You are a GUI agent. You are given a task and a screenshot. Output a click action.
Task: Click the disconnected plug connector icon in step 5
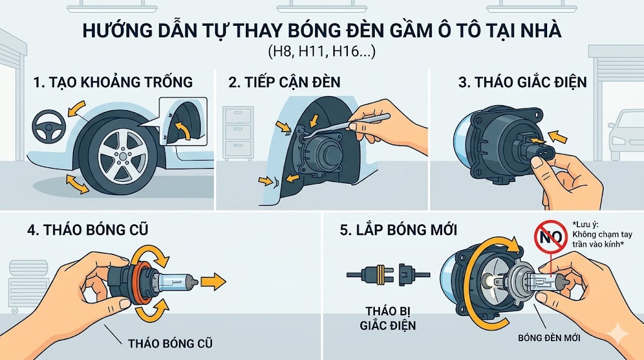tap(388, 275)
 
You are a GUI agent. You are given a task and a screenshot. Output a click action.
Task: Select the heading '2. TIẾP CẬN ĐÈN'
tap(289, 82)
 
